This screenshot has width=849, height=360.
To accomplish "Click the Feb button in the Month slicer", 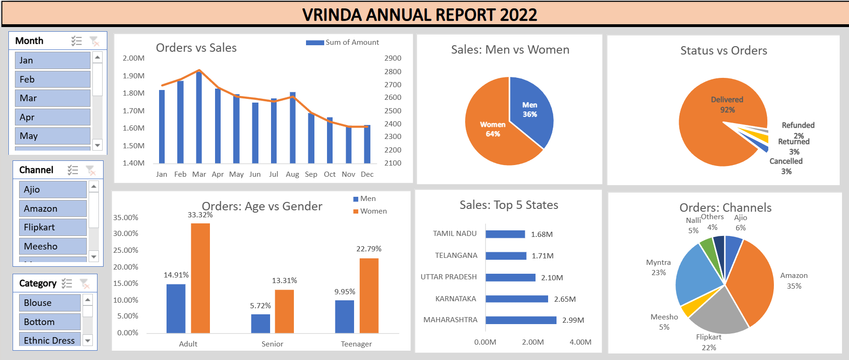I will click(52, 79).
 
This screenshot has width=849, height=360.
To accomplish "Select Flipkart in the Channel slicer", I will click(52, 227).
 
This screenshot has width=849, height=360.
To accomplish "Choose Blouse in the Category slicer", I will click(49, 303).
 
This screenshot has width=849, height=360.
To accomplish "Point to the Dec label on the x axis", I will click(367, 174).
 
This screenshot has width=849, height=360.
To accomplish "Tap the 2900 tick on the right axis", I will click(393, 58).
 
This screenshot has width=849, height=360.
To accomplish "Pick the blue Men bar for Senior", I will click(260, 324).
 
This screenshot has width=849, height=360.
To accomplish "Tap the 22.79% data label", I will click(369, 249).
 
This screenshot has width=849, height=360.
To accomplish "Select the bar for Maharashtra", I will click(521, 320).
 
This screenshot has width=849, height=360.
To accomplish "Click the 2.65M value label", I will click(564, 299).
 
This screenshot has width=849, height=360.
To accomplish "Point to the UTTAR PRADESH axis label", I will click(448, 277).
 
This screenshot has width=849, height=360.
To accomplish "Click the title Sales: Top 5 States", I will click(508, 205).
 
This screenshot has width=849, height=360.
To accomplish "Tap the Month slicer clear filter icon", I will click(94, 41).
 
